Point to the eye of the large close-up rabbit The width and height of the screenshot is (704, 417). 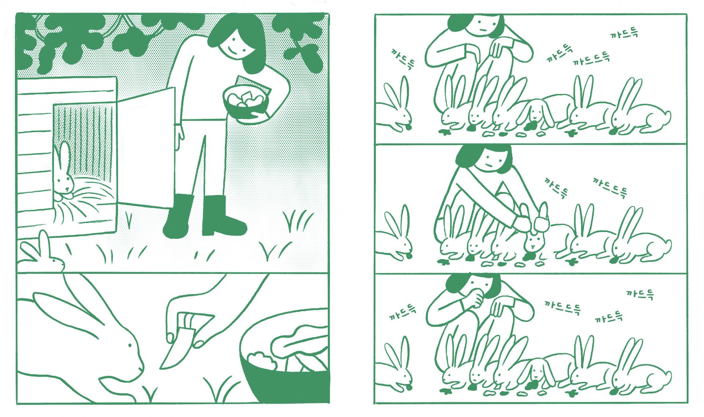(129, 345)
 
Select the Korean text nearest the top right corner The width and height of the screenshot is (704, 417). (624, 34)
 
